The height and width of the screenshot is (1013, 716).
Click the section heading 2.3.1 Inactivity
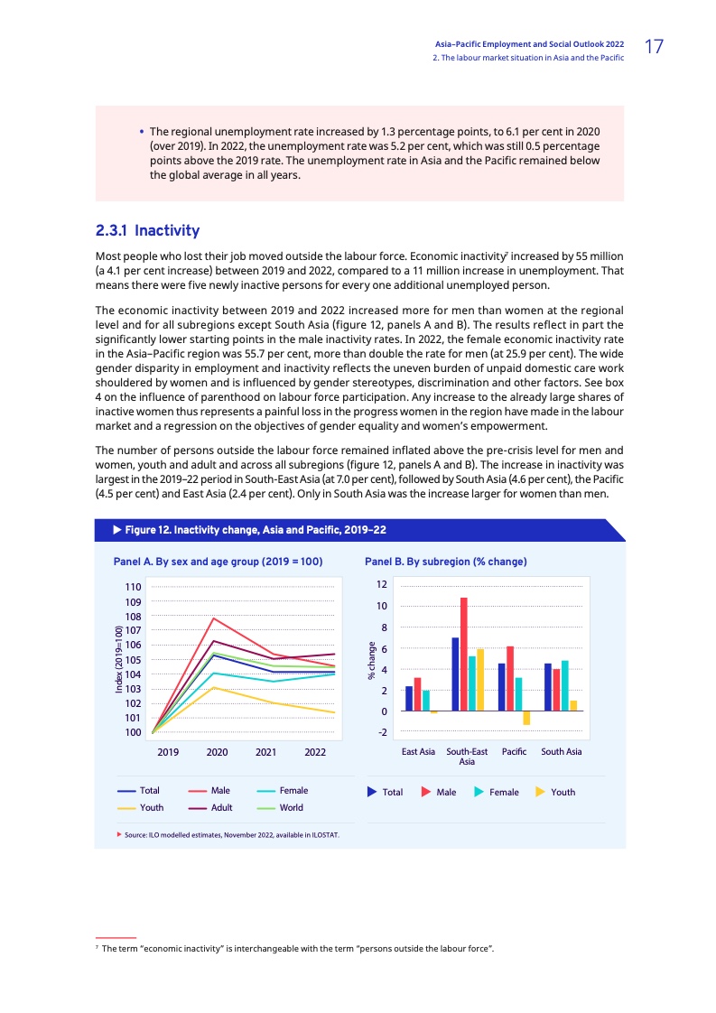pos(147,231)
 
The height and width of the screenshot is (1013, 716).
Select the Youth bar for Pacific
pos(526,718)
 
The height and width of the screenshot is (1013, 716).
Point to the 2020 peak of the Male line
pos(212,618)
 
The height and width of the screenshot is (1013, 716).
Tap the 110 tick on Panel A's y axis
pos(134,587)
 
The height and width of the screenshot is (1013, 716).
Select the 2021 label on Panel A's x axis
pos(266,751)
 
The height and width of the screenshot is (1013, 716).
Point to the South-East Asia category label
pos(467,756)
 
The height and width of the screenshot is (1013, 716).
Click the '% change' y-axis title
pos(370,661)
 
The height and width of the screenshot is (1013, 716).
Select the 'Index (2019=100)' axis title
pos(119,660)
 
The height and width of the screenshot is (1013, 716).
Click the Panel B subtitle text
pos(445,562)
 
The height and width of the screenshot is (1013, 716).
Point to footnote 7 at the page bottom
pos(297,948)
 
